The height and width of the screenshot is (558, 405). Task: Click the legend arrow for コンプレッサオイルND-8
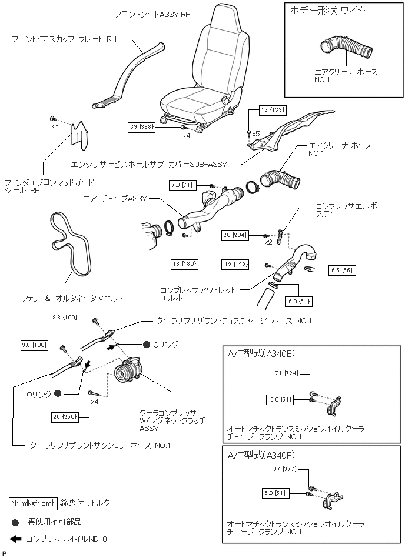pyautogui.click(x=16, y=539)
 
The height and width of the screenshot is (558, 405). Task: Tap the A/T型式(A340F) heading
pyautogui.click(x=261, y=455)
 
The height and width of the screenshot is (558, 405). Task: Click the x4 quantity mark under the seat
pyautogui.click(x=187, y=136)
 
